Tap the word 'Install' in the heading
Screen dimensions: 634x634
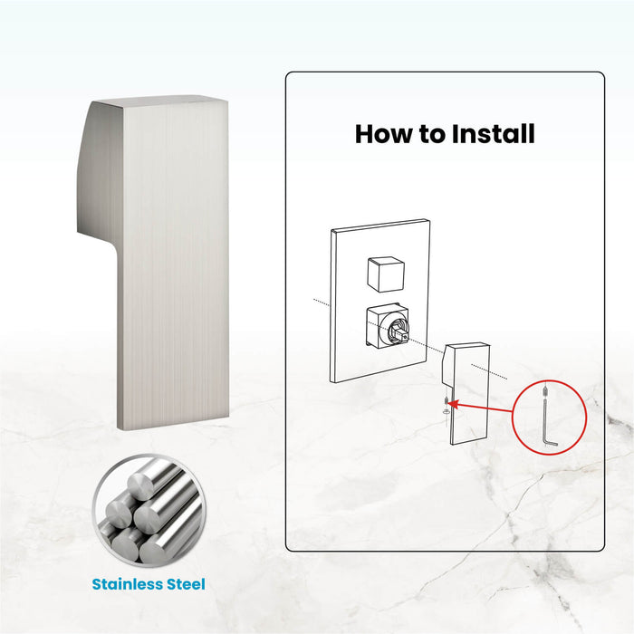(x=493, y=134)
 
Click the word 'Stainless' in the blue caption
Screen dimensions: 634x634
(x=127, y=584)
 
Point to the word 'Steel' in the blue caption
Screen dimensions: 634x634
(x=186, y=584)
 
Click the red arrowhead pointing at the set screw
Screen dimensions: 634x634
(x=453, y=404)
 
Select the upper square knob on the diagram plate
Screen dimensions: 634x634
(x=386, y=274)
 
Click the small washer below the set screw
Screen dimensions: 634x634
(x=446, y=411)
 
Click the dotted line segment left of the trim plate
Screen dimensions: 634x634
(x=322, y=303)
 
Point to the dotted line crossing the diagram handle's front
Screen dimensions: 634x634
(x=489, y=371)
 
